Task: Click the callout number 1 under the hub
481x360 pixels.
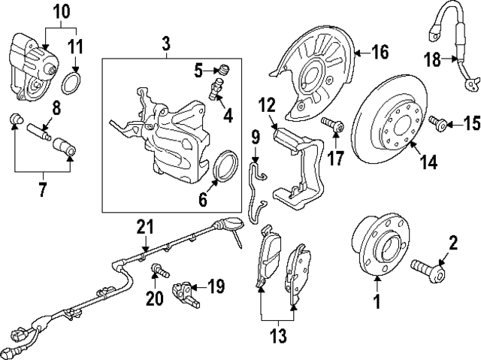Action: tap(377, 303)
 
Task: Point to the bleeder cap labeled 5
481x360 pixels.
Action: tap(222, 71)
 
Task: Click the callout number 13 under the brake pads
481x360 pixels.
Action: tap(279, 336)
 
